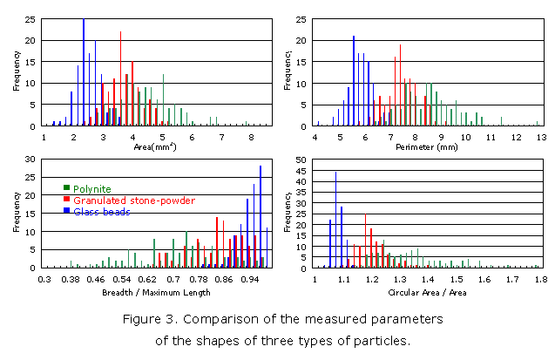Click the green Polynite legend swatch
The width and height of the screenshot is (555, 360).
pos(66,187)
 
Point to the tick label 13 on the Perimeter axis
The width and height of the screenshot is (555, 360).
pos(540,137)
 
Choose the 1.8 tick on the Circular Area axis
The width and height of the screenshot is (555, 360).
pos(540,281)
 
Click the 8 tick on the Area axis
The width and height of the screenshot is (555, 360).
pos(251,137)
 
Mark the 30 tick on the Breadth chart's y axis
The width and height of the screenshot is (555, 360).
pos(31,160)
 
